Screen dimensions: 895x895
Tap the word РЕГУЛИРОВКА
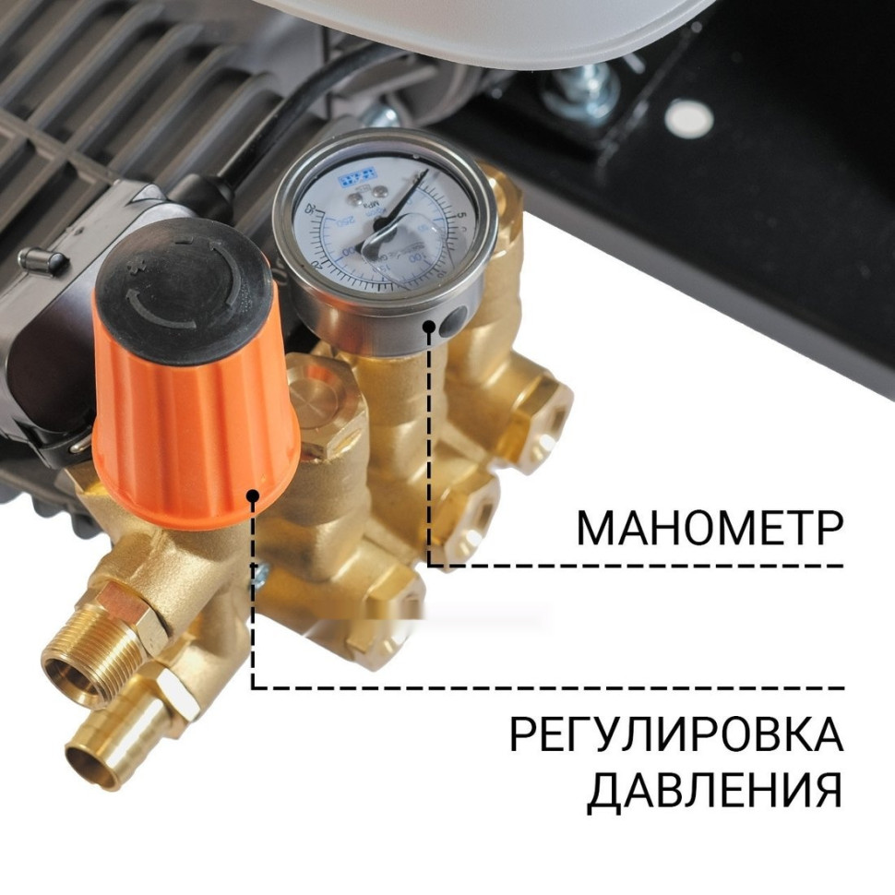click(675, 736)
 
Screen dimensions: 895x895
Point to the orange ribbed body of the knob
click(194, 424)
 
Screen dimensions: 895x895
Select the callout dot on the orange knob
click(253, 497)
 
